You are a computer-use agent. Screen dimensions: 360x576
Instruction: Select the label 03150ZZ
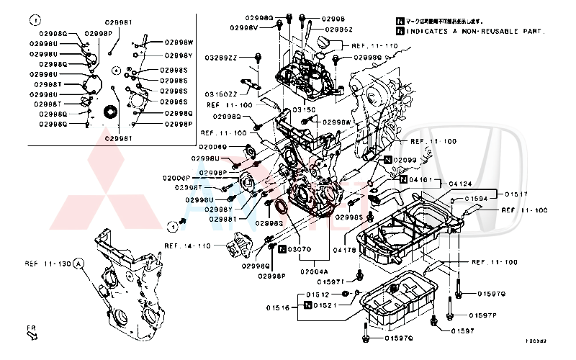[x=222, y=94]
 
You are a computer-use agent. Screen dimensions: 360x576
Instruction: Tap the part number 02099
[x=405, y=159]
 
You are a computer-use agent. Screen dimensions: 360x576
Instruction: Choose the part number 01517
[x=516, y=194]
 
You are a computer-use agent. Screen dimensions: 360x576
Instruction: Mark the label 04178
[x=345, y=249]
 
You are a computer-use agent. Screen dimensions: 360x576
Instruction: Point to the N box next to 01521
[x=307, y=306]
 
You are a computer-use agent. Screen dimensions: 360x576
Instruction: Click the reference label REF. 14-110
[x=187, y=246]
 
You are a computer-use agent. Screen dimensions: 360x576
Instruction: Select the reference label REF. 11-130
[x=48, y=264]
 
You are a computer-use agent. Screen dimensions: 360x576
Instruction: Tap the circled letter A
[x=78, y=264]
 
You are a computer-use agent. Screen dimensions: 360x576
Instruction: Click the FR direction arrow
[x=31, y=332]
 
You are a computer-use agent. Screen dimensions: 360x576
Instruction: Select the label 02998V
[x=244, y=27]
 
